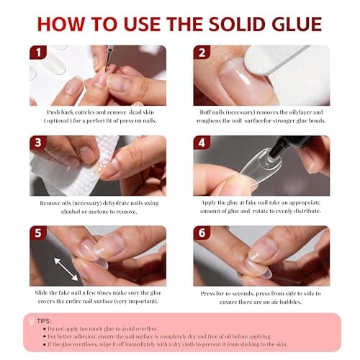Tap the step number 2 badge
203,54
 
